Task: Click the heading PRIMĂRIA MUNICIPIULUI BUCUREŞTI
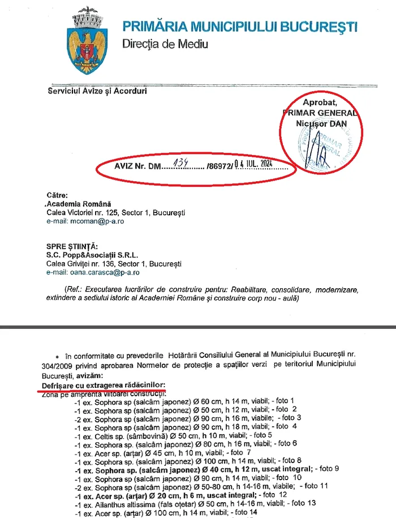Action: (x=240, y=26)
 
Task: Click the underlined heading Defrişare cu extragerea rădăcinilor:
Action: (x=100, y=385)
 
